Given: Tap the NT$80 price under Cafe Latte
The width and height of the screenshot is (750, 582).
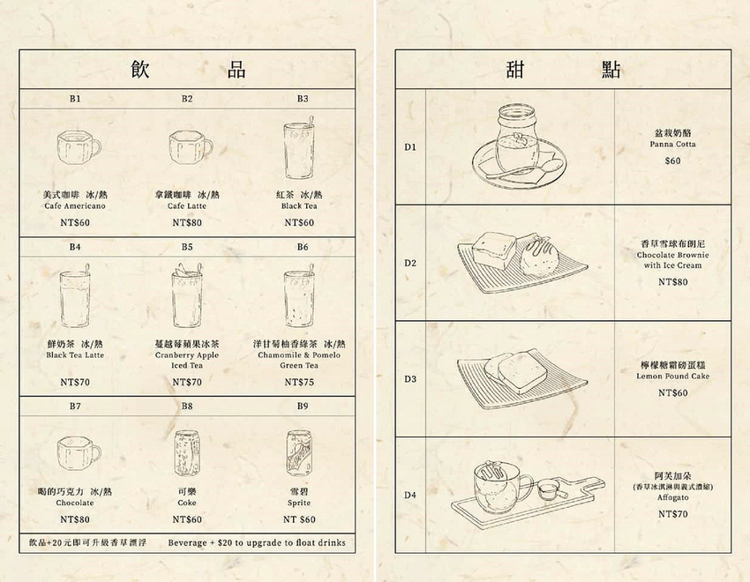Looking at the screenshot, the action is point(187,223).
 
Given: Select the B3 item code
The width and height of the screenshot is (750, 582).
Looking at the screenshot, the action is point(303,99).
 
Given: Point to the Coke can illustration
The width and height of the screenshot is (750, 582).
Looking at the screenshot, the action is point(187,452).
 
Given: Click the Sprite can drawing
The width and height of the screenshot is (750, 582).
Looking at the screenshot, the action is point(299,453).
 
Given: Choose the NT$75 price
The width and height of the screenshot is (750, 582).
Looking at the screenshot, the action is point(299,382).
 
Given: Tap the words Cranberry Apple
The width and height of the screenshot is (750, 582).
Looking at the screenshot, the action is point(187,355).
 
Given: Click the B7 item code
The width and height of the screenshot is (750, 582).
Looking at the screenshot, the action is point(75,407).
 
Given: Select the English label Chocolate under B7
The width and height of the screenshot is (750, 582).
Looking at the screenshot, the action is point(75,503).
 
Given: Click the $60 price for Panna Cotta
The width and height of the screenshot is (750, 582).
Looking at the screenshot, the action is point(672,161).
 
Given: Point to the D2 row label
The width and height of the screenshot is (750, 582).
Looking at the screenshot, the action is point(410,263).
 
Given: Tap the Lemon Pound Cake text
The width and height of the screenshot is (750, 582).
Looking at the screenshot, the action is point(672,376).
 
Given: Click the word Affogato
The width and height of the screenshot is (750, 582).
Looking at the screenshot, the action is point(672,497).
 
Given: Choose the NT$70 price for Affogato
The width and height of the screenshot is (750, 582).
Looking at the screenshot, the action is point(672,514).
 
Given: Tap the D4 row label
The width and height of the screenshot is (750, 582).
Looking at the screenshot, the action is point(410,495).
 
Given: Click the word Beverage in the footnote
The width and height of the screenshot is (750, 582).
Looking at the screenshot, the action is point(187,543).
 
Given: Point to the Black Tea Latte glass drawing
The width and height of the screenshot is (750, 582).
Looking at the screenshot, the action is point(75,296).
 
